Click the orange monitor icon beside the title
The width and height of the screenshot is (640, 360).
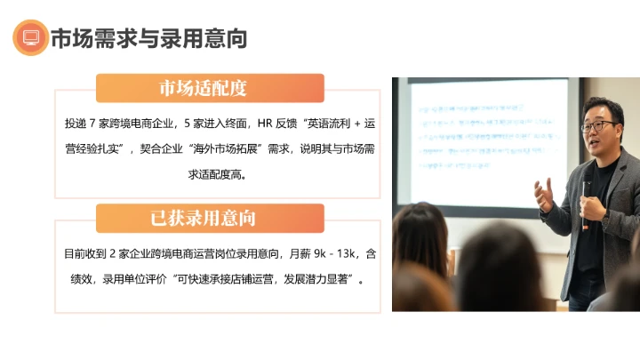pos(30,38)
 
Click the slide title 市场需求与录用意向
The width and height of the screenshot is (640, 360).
pos(149,38)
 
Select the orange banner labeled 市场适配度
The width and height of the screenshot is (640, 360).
pos(210,88)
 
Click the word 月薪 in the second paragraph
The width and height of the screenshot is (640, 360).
pos(277,253)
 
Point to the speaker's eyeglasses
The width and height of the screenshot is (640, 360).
pos(596,125)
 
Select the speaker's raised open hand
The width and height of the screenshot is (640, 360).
pos(544,193)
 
